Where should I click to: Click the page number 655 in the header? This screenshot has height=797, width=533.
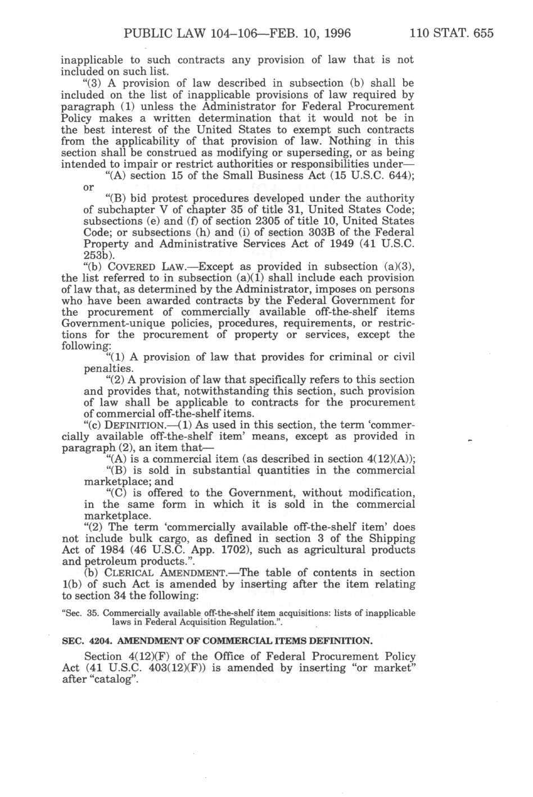(483, 33)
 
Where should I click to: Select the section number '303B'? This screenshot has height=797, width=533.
(322, 232)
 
